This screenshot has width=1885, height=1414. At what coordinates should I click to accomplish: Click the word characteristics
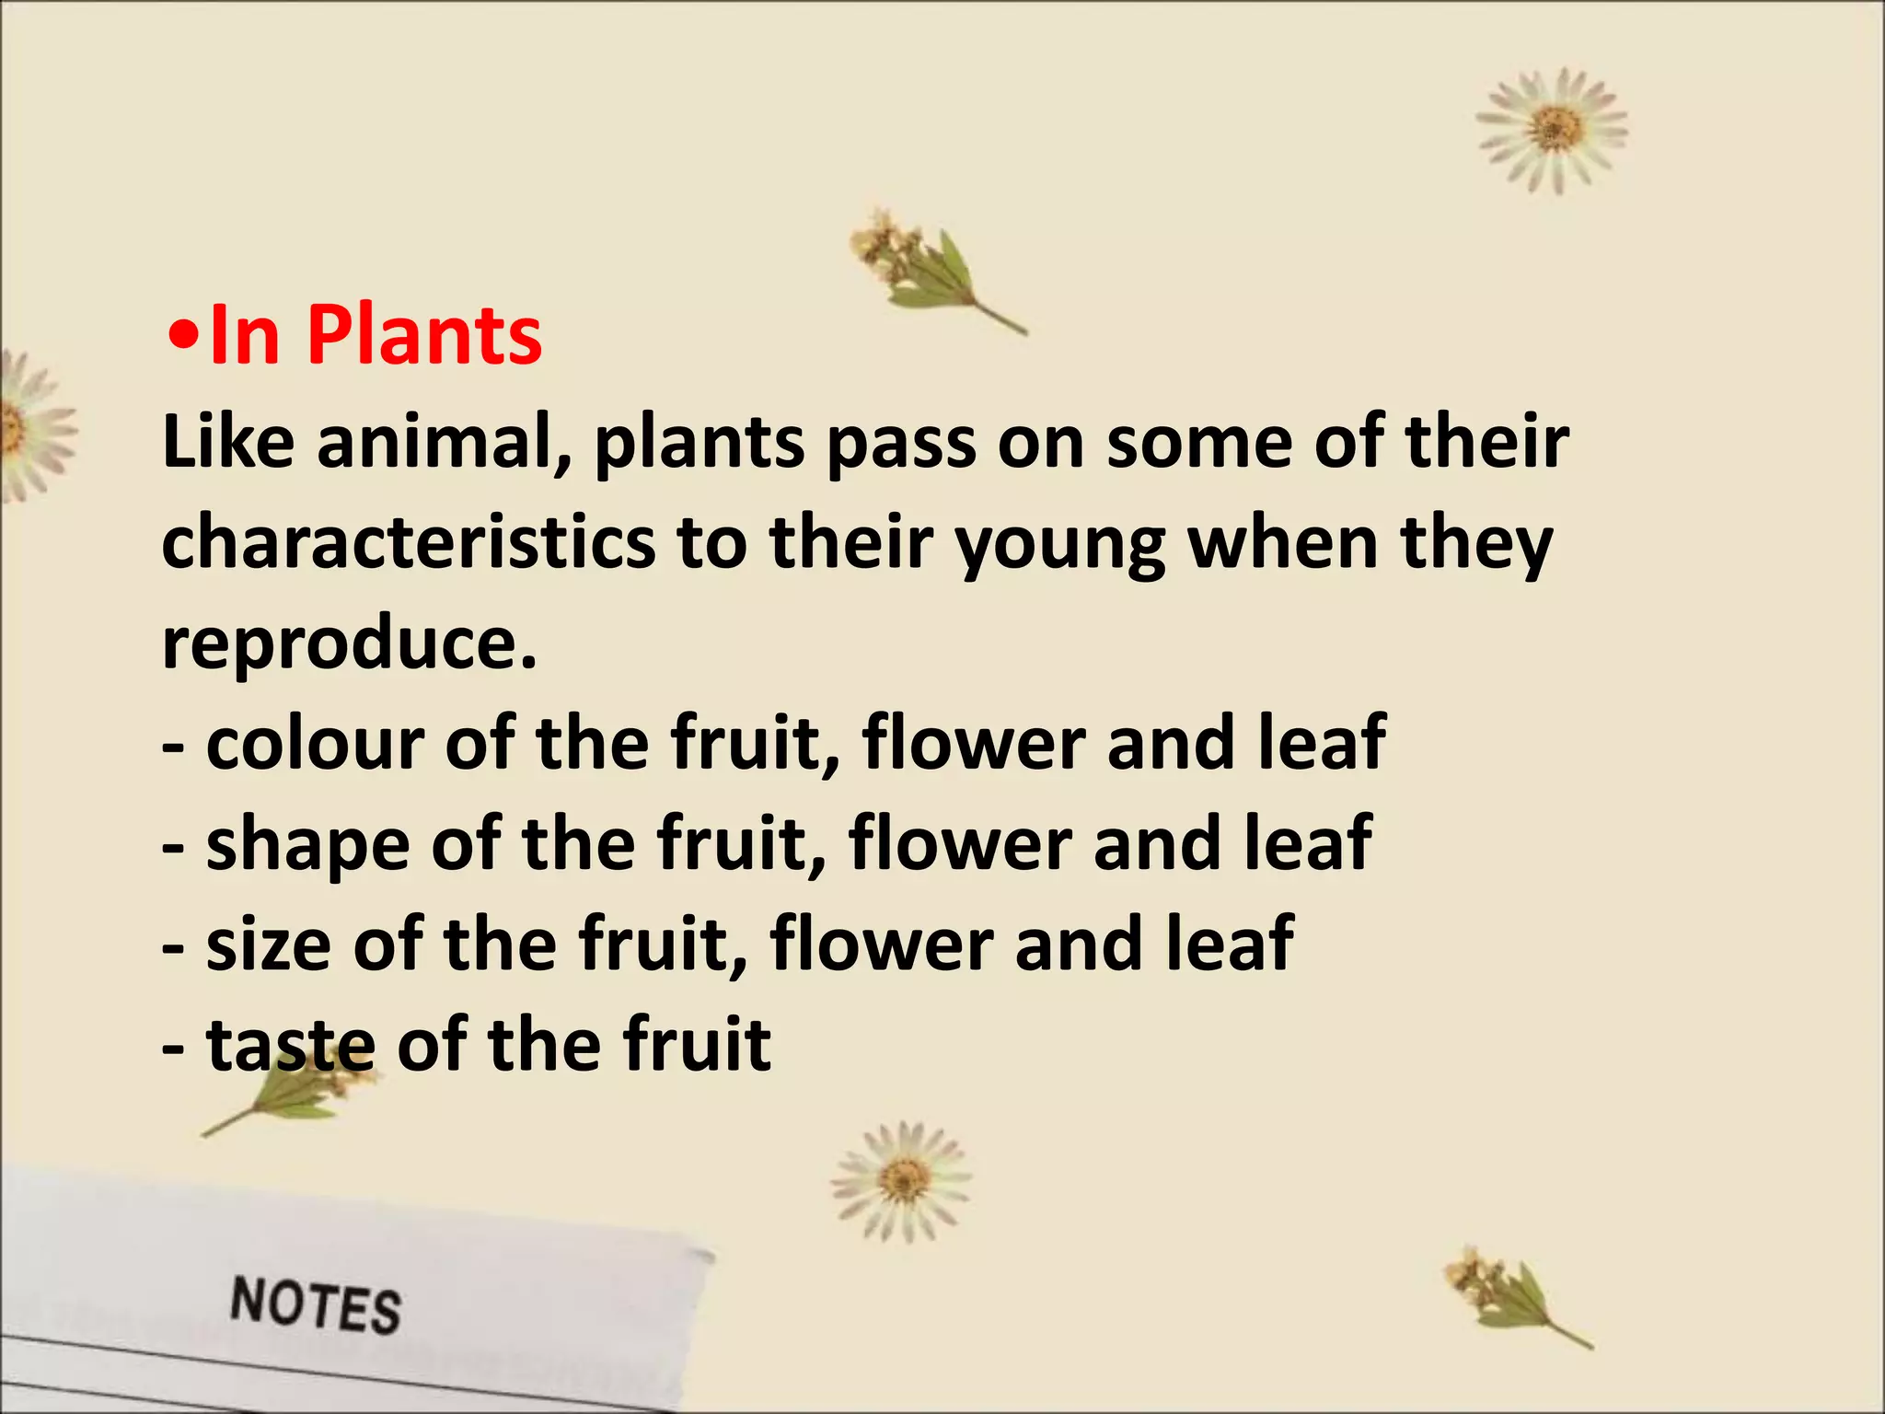[x=408, y=543]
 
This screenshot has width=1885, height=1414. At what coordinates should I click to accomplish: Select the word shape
[x=307, y=846]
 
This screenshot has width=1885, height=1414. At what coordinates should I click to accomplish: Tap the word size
[x=268, y=945]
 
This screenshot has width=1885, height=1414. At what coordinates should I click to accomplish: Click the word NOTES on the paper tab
[x=316, y=1305]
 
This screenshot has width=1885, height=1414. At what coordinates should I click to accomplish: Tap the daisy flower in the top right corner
[x=1552, y=129]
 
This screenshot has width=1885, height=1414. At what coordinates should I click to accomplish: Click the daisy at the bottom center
[x=901, y=1180]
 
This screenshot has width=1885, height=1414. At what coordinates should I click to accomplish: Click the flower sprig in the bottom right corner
[x=1509, y=1293]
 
